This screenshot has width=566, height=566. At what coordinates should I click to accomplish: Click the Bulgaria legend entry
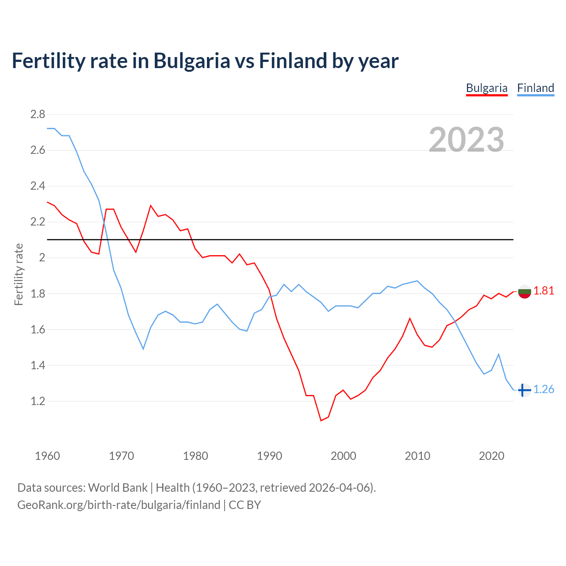486,88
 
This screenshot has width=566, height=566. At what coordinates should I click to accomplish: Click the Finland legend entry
535,88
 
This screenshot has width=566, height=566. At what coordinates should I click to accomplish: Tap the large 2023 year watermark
467,140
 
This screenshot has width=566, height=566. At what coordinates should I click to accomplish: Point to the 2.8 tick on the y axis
38,115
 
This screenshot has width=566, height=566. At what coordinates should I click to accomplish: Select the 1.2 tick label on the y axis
38,402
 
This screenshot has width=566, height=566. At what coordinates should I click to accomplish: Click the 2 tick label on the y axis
42,258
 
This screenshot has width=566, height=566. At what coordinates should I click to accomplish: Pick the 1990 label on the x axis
269,456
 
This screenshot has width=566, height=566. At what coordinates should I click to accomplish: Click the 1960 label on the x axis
47,456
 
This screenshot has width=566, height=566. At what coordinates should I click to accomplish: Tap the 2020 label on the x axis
491,456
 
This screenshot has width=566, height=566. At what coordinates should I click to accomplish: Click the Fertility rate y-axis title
19,274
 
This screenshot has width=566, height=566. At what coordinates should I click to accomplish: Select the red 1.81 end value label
543,291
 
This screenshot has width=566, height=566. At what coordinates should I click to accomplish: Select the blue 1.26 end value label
543,389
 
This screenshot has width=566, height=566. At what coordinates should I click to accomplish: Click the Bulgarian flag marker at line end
524,291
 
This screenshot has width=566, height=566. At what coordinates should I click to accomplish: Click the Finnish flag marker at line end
524,390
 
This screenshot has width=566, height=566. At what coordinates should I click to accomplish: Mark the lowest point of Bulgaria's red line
321,421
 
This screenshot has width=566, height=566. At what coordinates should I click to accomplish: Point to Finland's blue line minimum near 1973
143,349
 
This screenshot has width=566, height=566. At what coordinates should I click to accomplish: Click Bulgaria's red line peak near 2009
410,318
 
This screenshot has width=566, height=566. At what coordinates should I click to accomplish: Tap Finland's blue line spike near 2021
499,354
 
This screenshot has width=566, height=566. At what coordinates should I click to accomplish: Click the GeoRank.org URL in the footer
119,505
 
